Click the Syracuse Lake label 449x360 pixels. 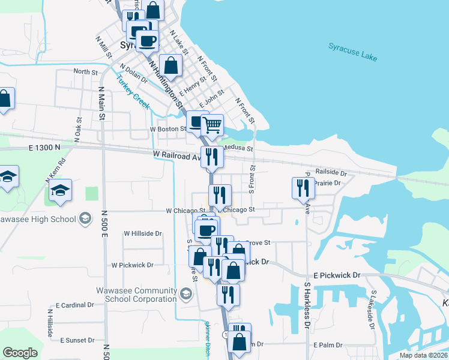(352, 52)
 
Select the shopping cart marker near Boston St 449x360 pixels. (212, 125)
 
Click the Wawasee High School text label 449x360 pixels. (38, 218)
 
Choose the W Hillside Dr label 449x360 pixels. (143, 233)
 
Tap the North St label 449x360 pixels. (85, 71)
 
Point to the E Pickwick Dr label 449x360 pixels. (336, 275)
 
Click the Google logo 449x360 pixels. (20, 353)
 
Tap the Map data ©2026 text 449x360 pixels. (424, 355)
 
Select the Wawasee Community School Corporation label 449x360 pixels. (136, 295)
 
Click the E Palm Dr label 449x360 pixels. (327, 345)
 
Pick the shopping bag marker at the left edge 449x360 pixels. (4, 100)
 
